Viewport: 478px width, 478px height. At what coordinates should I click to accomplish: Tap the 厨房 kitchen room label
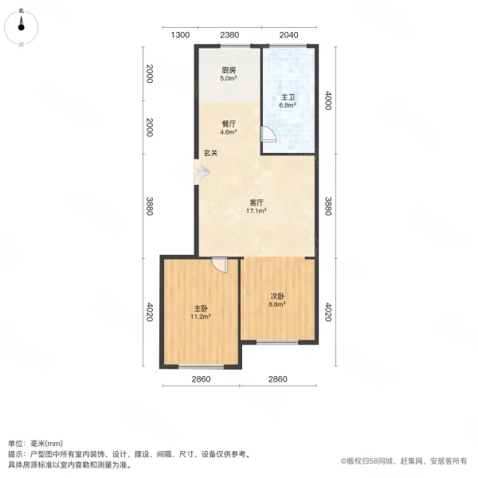point(229,69)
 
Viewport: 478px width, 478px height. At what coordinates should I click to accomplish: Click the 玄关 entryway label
point(210,152)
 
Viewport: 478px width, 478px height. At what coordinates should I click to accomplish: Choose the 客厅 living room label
point(256,202)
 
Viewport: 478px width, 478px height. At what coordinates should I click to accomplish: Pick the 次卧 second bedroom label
point(276,296)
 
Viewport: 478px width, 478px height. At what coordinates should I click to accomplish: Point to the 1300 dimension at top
point(180,34)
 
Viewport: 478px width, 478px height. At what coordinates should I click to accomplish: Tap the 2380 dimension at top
point(229,34)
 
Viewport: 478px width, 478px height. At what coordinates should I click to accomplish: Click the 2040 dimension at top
point(289,34)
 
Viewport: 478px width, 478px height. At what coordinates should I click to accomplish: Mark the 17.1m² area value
point(256,211)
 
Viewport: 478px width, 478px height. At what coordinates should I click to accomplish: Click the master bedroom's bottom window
point(201,366)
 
